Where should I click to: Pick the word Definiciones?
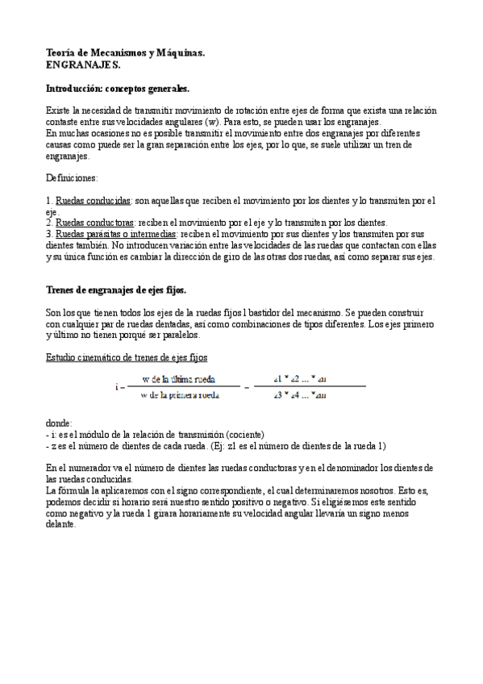(72, 176)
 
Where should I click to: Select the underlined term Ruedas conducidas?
(92, 200)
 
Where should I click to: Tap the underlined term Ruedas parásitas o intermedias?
(117, 234)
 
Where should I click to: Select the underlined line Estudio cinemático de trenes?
(129, 357)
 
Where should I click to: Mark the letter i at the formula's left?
(116, 386)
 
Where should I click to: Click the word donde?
(60, 422)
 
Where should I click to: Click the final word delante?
(61, 523)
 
